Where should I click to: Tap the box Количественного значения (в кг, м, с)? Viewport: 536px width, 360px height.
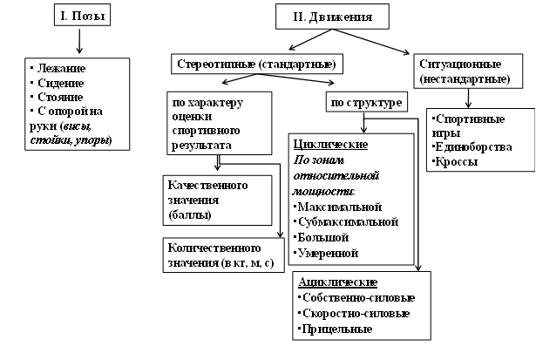222,252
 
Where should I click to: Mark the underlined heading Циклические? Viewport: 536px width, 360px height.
333,144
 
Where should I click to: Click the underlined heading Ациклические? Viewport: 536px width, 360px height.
337,283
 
